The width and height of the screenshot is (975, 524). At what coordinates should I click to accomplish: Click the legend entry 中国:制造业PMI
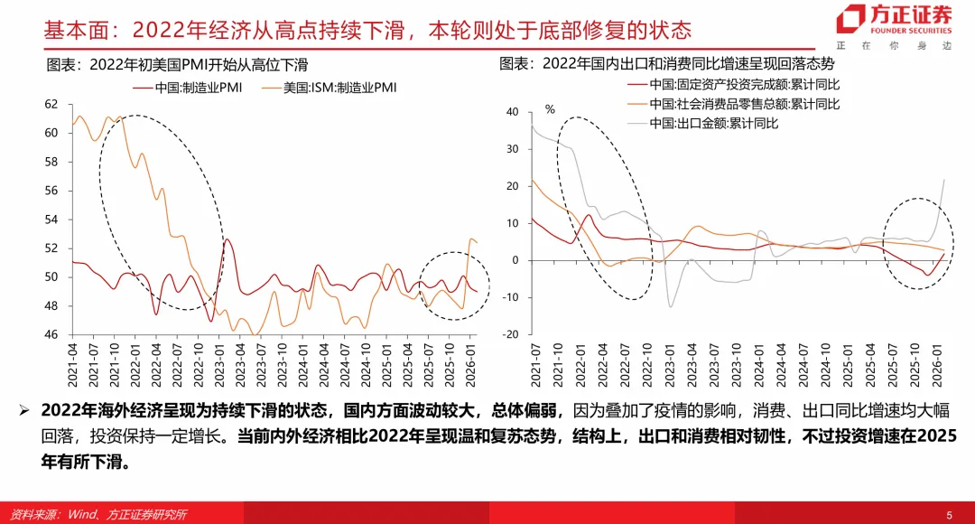pos(190,88)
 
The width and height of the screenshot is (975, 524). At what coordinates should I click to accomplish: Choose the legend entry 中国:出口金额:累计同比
pos(713,123)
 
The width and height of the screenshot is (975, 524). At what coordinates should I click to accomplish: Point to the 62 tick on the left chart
pos(51,104)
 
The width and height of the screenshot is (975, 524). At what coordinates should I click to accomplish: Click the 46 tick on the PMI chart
pos(51,334)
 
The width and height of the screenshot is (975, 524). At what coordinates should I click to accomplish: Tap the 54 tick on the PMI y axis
pos(51,220)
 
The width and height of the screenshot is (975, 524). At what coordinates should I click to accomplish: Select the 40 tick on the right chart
pos(512,112)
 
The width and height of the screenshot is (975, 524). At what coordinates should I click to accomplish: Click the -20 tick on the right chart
pos(510,334)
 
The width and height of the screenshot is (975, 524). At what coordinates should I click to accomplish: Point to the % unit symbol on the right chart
pos(549,110)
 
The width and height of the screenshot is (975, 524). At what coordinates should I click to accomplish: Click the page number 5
pos(949,514)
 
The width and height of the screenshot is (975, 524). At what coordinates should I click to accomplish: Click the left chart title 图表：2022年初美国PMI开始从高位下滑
pos(177,65)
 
